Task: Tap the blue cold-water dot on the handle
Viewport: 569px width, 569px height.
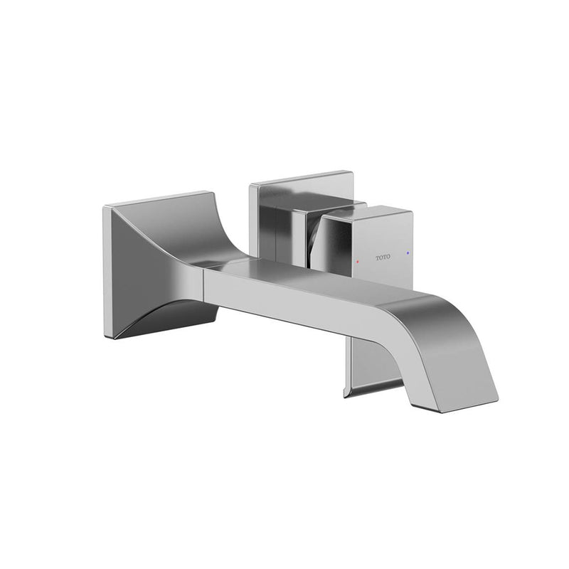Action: coord(406,252)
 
